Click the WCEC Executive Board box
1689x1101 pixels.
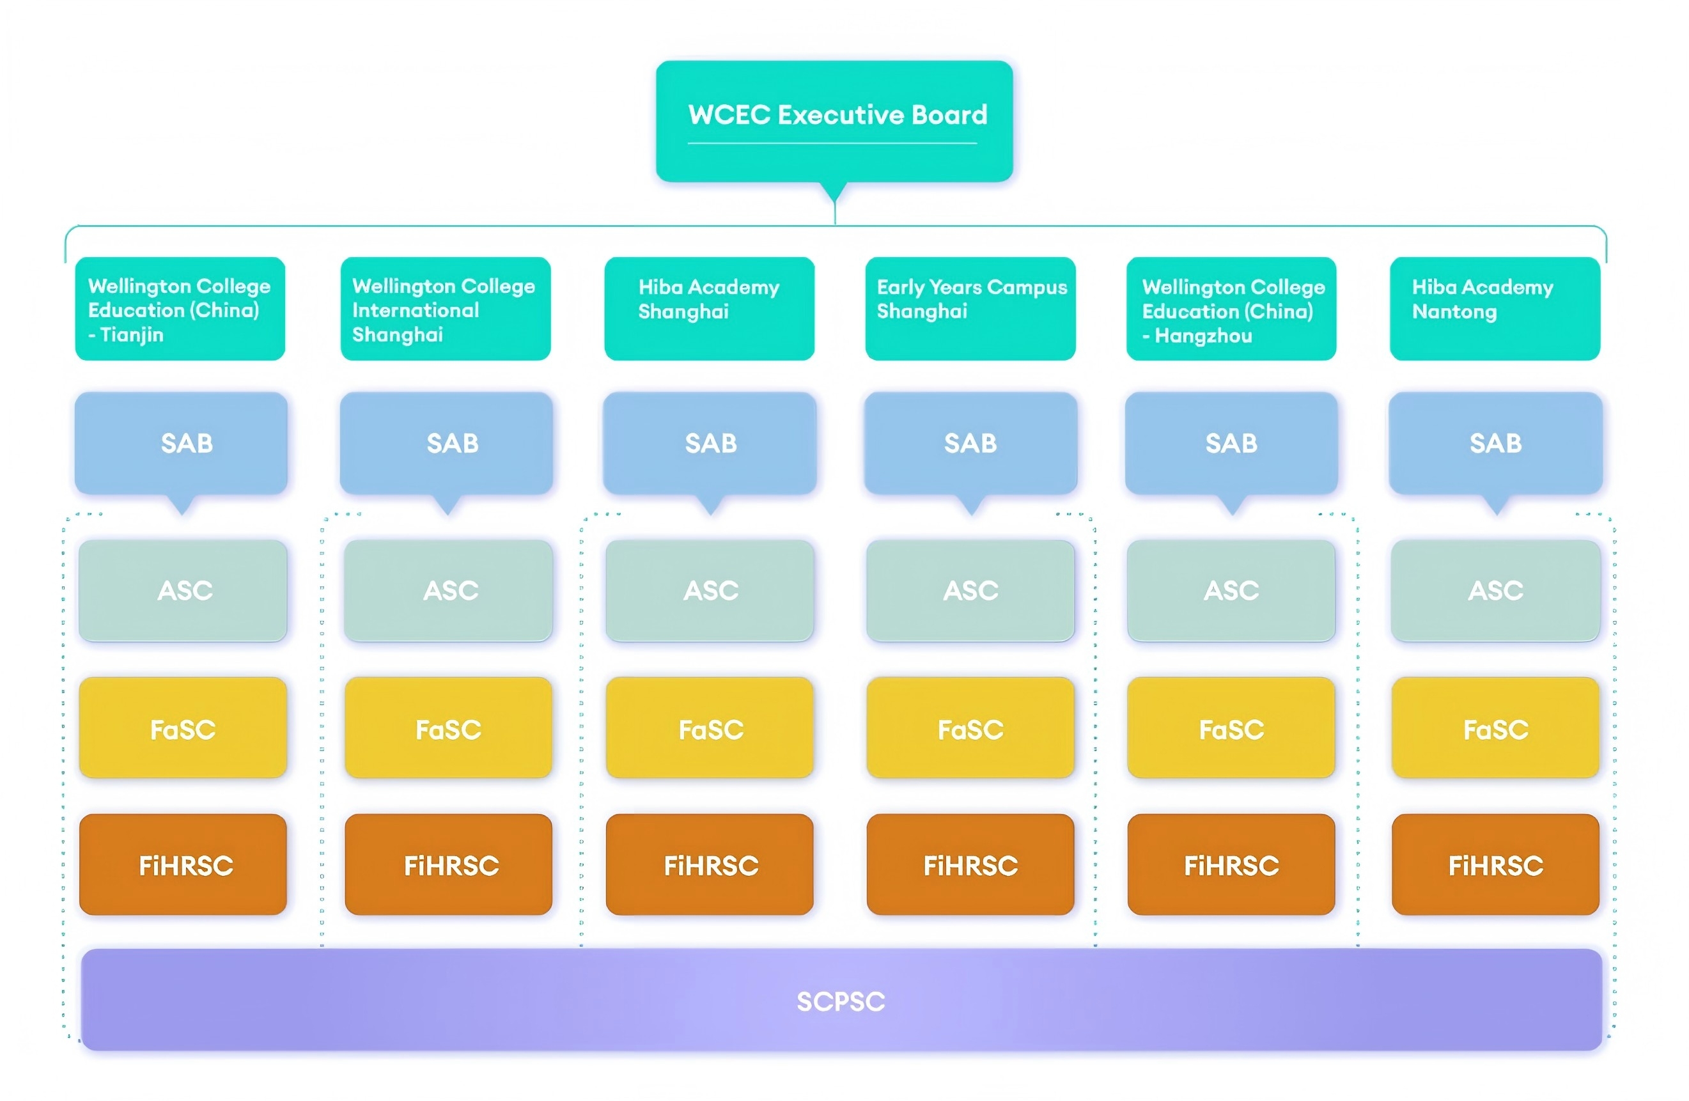[834, 121]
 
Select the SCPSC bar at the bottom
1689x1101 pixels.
[841, 999]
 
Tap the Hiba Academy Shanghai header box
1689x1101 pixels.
[709, 308]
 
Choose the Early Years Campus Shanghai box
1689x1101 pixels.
[970, 308]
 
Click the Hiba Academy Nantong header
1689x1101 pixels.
[1495, 308]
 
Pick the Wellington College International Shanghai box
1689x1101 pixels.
[445, 308]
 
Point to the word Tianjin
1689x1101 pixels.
[132, 334]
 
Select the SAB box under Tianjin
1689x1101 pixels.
[182, 443]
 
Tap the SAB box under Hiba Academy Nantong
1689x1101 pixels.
[1495, 443]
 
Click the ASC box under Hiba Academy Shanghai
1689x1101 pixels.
[710, 591]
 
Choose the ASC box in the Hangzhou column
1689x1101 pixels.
[1231, 591]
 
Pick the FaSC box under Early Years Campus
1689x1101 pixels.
[970, 728]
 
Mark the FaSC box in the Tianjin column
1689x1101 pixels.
[183, 728]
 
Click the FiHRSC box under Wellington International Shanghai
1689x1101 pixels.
[449, 864]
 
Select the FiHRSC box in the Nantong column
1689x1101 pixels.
[1495, 864]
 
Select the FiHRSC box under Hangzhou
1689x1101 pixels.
[1231, 864]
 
